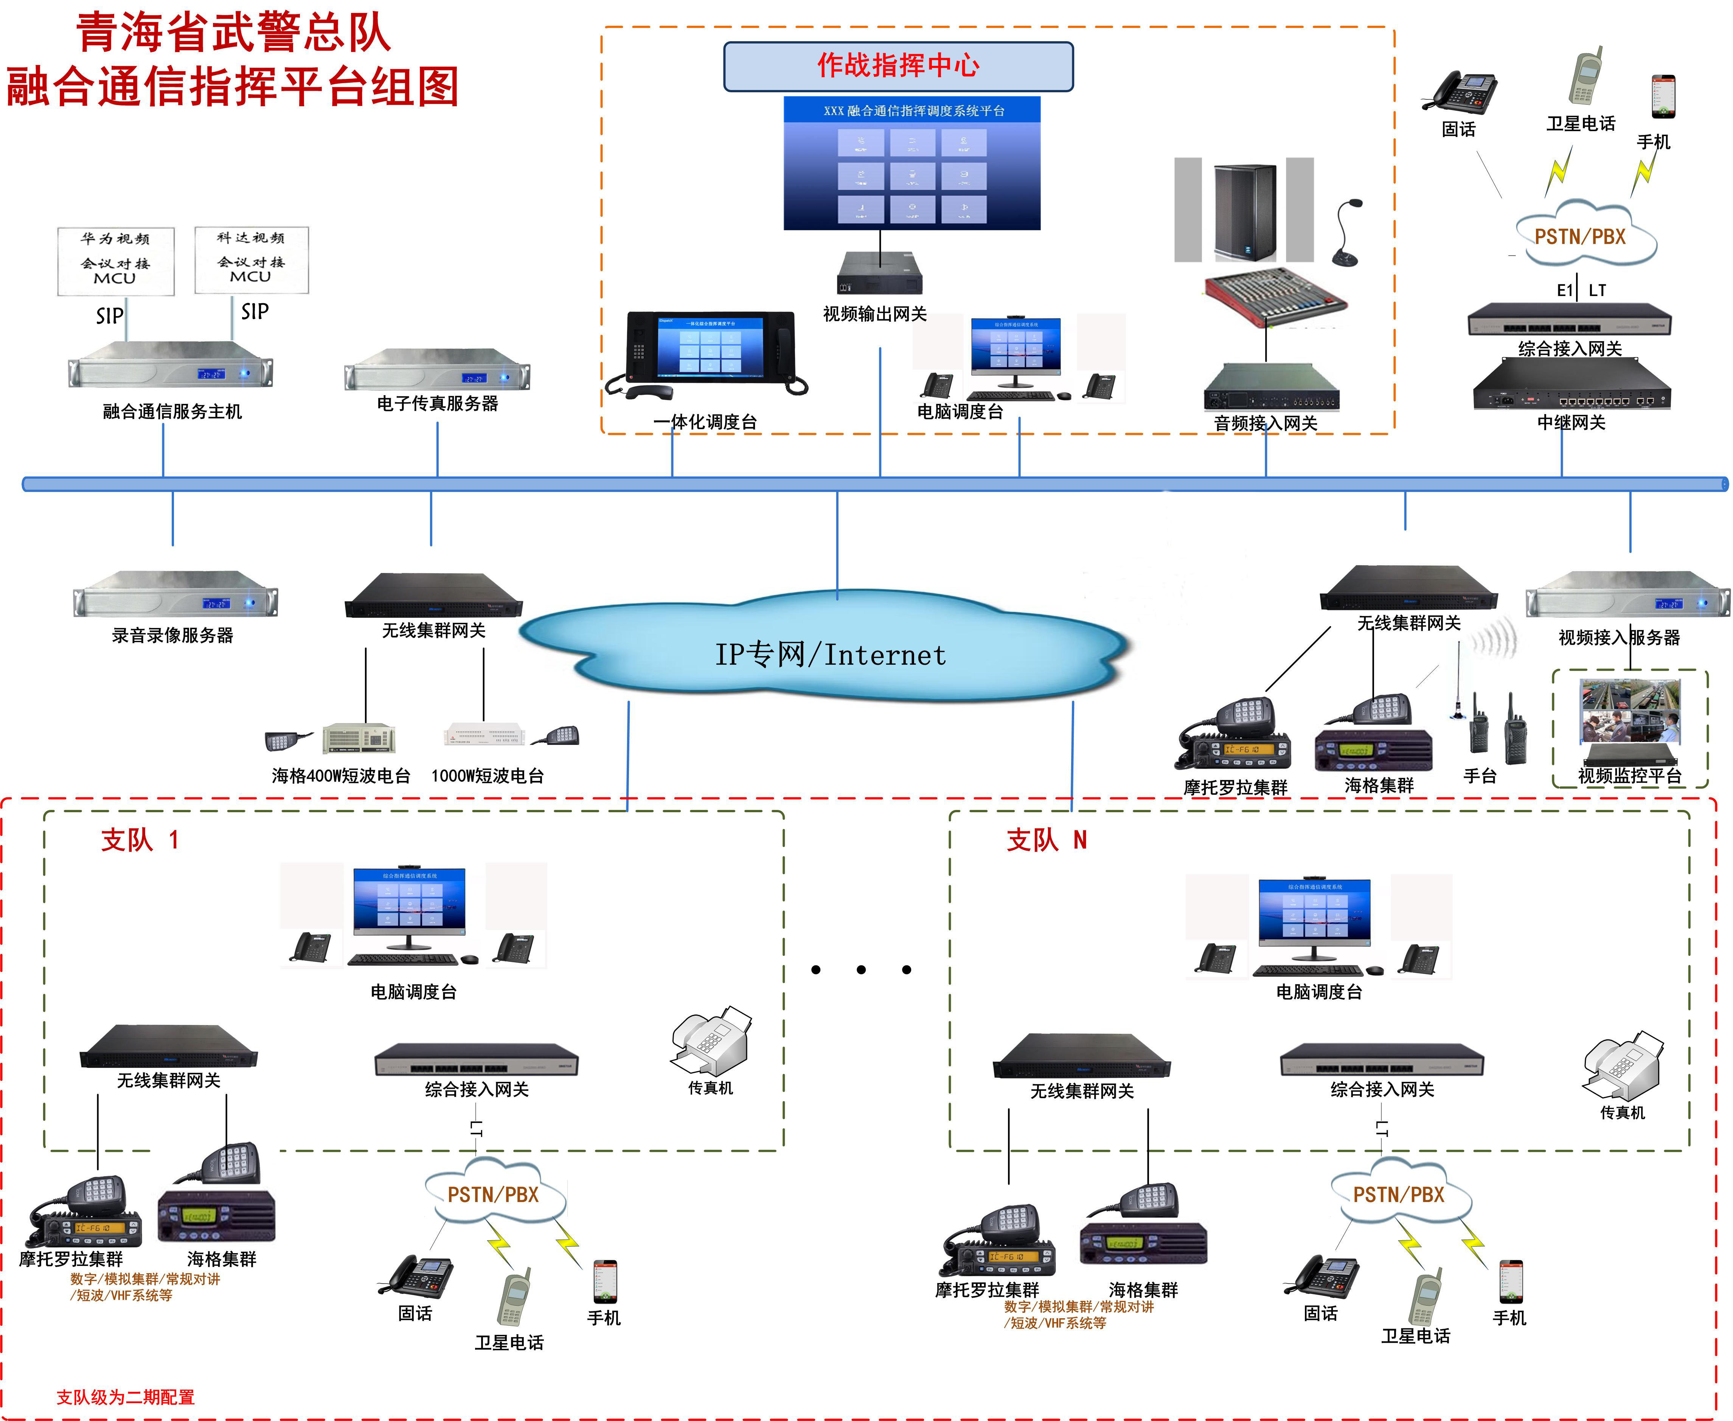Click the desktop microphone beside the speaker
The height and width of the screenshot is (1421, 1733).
[1346, 233]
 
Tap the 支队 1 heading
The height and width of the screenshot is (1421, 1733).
[139, 840]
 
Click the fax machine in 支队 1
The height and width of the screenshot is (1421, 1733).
[711, 1041]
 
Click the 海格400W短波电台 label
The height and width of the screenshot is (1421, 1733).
[340, 776]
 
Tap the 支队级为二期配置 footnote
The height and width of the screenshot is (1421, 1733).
[125, 1397]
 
